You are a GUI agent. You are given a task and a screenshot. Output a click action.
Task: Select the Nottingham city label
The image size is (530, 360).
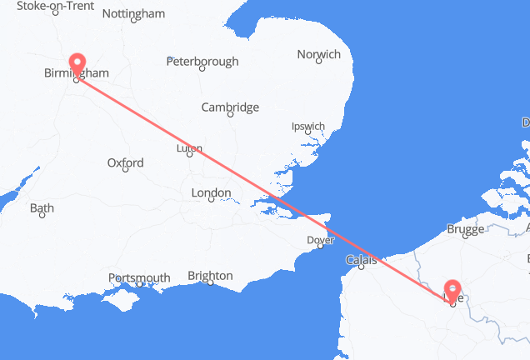[x=132, y=14]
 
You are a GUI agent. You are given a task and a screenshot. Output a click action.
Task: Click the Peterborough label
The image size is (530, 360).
[x=202, y=62]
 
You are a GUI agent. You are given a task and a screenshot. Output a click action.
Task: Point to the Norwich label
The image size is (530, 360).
[x=318, y=55]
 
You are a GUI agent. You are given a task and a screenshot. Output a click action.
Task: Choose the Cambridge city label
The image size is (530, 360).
[x=231, y=107]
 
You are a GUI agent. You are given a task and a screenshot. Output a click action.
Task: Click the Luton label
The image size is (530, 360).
[x=190, y=149]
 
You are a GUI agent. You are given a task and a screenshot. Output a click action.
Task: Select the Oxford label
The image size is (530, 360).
[x=126, y=163]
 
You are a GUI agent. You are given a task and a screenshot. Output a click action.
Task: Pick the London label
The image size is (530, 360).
[x=211, y=193]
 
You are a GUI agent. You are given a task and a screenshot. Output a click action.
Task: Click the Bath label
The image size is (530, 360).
[x=42, y=209]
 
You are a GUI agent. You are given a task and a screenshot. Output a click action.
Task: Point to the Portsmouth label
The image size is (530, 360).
[x=139, y=278]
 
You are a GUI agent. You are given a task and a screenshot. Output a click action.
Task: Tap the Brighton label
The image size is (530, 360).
[x=210, y=276]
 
